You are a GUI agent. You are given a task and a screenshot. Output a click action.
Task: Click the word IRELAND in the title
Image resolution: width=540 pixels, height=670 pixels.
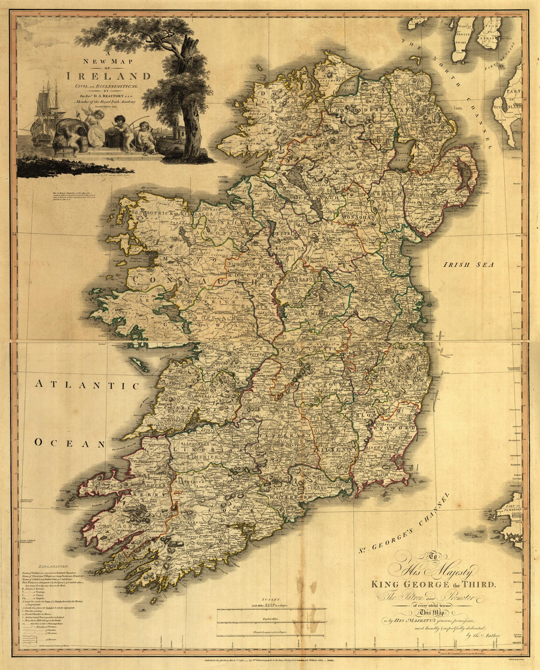tap(109, 76)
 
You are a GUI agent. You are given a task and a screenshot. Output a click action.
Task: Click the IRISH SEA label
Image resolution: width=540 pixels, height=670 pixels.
tap(468, 264)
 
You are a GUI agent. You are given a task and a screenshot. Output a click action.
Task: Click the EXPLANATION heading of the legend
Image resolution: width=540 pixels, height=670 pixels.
tap(53, 567)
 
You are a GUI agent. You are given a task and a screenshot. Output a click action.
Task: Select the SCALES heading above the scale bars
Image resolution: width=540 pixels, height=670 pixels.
tap(270, 600)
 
